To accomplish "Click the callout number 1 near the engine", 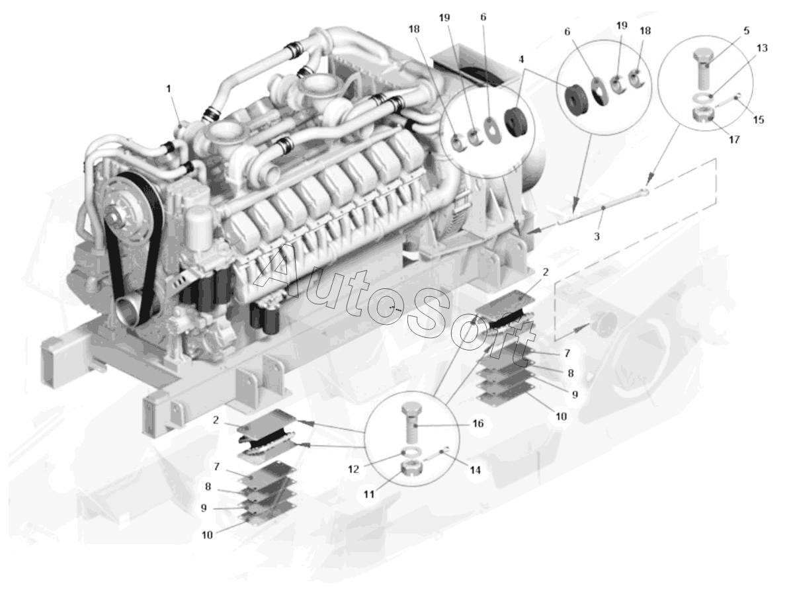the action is [x=169, y=89].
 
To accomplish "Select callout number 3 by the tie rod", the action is [x=597, y=236].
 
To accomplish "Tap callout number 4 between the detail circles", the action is [x=521, y=60].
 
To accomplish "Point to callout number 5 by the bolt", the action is [x=747, y=30].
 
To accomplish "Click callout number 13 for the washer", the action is [x=762, y=48].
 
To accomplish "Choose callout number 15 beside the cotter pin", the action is [x=759, y=120].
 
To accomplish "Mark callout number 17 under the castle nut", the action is [x=734, y=140].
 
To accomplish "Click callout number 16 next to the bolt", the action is [x=478, y=423].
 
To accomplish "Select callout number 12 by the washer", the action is [x=354, y=470].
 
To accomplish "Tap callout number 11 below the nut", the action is [x=369, y=495].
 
